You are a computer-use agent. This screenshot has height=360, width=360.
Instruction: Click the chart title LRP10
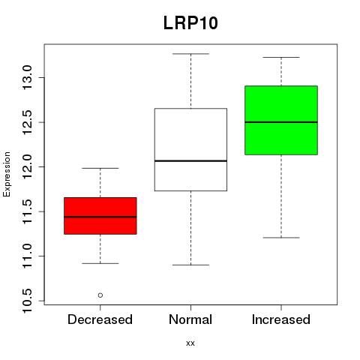coord(190,22)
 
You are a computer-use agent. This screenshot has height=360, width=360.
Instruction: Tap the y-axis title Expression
coord(7,174)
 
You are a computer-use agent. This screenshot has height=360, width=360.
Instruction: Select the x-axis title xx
coord(190,343)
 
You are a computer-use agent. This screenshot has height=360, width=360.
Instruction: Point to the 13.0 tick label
coord(27,77)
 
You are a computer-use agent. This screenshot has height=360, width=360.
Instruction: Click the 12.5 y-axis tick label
coord(27,122)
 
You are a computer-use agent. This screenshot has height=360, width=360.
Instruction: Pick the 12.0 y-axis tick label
coord(27,166)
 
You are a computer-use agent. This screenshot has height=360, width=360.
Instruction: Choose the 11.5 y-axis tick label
coord(27,211)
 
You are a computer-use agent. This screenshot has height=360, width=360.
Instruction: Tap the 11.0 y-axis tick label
coord(27,256)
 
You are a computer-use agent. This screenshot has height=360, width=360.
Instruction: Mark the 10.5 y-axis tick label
coord(27,301)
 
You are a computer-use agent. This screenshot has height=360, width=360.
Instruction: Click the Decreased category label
coord(100,319)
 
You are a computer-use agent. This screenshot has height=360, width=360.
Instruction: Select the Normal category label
coord(190,319)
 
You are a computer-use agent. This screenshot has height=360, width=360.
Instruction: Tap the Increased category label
coord(281,319)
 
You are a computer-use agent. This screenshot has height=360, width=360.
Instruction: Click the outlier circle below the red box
coord(100,295)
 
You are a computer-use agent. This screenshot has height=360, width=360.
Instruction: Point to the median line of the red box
coord(100,217)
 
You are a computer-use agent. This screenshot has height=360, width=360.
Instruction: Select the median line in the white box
coord(190,160)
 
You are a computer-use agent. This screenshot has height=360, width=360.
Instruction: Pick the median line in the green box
coord(281,122)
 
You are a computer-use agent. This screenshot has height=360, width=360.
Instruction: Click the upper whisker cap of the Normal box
coord(190,54)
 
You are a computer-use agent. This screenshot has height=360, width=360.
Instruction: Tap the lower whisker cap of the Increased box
coord(281,238)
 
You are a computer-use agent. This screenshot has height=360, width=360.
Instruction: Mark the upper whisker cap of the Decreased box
coord(100,168)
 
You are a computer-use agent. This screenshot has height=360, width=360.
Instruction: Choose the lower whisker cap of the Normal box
coord(190,265)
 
